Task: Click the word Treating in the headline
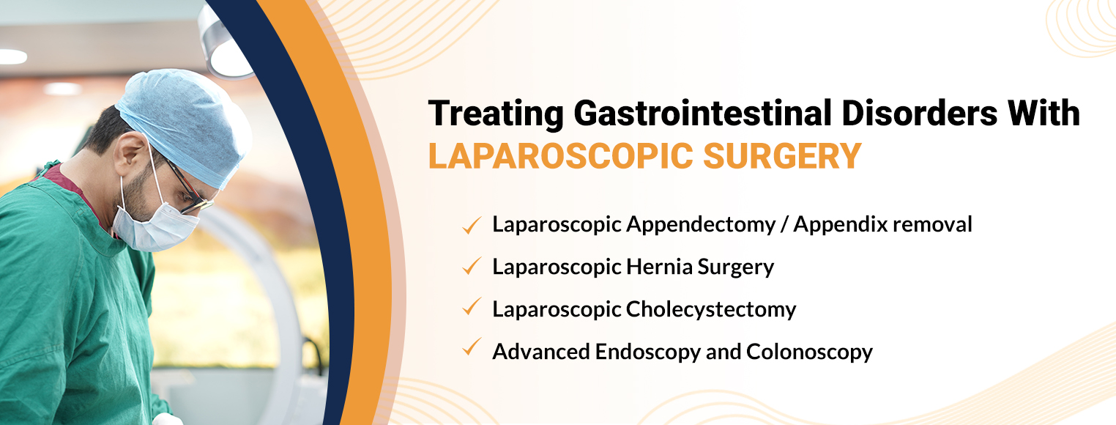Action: pos(496,114)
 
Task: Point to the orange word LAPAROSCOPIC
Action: pos(560,156)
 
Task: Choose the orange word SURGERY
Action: pos(782,156)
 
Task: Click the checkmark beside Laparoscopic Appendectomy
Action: pos(472,225)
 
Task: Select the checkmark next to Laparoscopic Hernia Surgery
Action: pos(472,266)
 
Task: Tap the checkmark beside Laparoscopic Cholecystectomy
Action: pos(472,306)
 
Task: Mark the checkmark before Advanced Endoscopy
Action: pos(472,347)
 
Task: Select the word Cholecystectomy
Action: pos(711,310)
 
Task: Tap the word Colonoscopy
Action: pos(809,352)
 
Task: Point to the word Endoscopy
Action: pos(647,352)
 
